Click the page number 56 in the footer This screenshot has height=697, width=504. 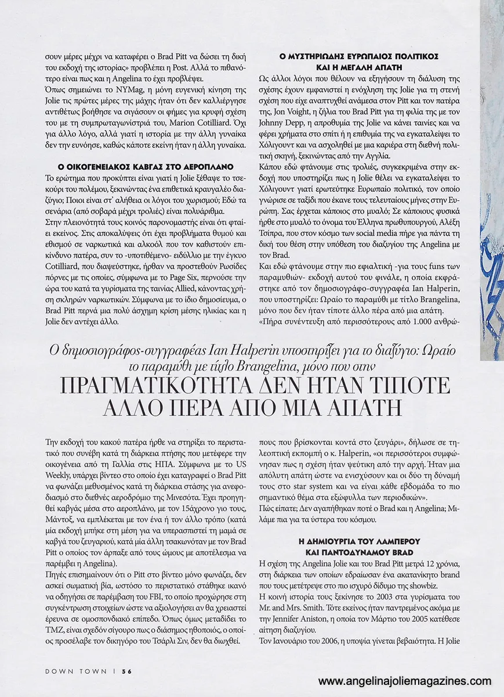pos(128,671)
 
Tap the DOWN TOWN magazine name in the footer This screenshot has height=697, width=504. pos(76,671)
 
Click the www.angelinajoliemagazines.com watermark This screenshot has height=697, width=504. pos(405,681)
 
